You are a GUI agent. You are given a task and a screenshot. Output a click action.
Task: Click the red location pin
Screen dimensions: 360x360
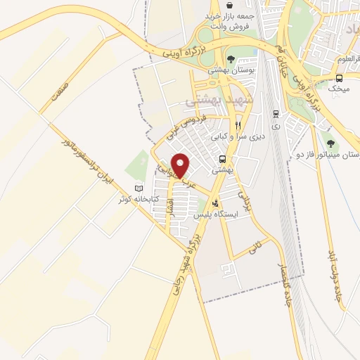click(x=181, y=165)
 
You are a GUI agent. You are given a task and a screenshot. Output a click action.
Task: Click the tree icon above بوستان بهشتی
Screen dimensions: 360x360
click(x=231, y=58)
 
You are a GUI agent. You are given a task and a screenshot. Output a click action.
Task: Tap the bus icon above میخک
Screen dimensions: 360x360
click(x=339, y=78)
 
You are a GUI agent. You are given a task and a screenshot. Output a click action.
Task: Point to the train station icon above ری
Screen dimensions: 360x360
click(x=275, y=113)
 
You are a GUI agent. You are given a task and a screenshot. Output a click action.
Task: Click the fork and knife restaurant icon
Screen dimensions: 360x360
click(x=238, y=126)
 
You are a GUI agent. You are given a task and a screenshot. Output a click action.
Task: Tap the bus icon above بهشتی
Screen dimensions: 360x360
click(x=222, y=158)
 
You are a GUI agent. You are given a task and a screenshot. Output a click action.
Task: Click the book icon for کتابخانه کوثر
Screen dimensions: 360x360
click(x=138, y=188)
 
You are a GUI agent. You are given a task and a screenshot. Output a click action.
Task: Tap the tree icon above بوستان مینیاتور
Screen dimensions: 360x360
click(x=330, y=143)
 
